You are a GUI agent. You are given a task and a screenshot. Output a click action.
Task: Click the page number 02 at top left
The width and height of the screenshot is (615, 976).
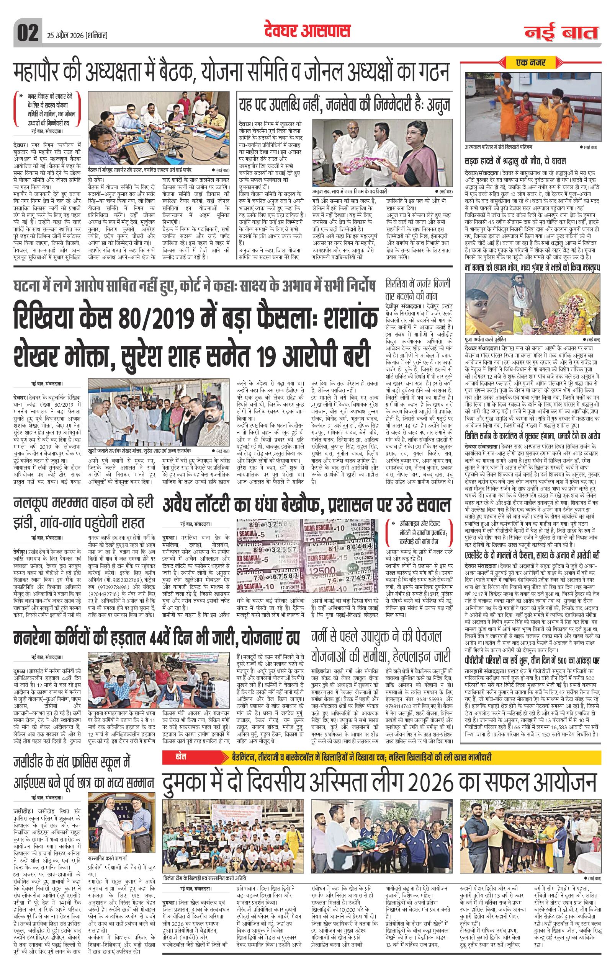(x=27, y=32)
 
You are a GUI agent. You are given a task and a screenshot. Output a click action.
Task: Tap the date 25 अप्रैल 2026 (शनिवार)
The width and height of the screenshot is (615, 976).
(x=75, y=35)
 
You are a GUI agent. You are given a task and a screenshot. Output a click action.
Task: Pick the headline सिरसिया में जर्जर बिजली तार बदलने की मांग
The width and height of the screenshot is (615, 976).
(x=418, y=289)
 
